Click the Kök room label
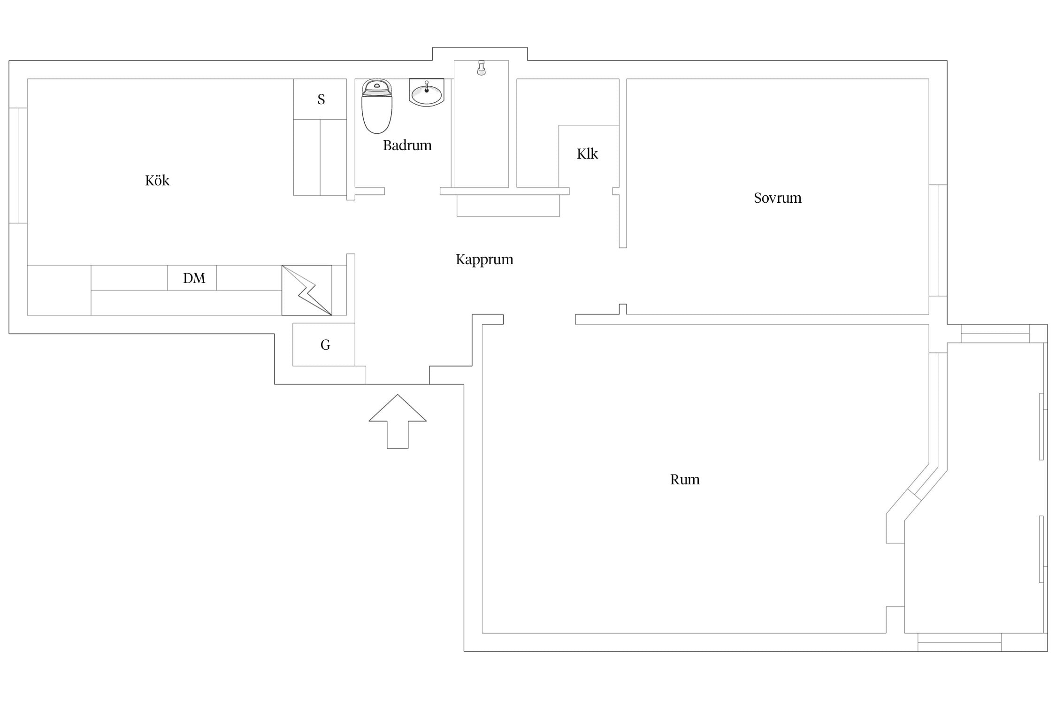tap(157, 181)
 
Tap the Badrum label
tap(407, 145)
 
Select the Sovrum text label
tap(777, 198)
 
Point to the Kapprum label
tap(484, 260)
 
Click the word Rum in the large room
tap(685, 480)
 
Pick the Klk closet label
tap(587, 153)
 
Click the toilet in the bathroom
tap(377, 106)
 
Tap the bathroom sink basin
tap(426, 92)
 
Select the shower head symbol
tap(481, 68)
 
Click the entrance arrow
tap(398, 421)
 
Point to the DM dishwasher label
tap(194, 278)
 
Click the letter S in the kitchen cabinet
tap(321, 99)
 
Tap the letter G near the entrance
tap(325, 345)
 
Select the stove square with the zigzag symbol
tap(307, 291)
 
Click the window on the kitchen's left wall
tap(18, 165)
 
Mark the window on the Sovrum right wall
tap(938, 240)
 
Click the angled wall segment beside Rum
tap(917, 490)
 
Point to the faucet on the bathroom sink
tap(427, 87)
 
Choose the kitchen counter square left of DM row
tap(59, 291)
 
